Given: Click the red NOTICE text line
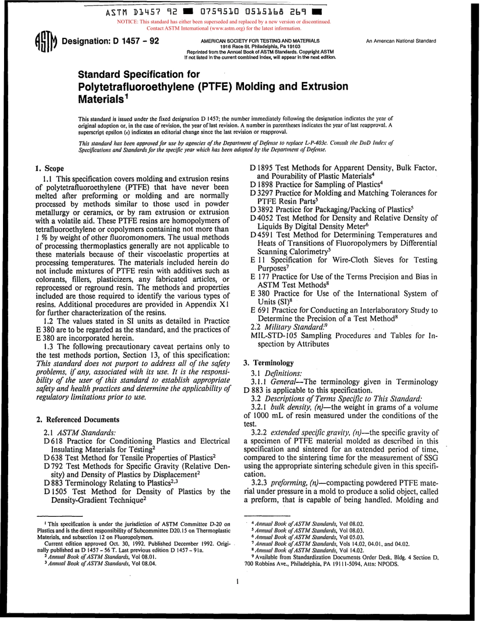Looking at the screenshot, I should click(224, 22).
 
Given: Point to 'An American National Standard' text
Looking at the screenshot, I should click(402, 40).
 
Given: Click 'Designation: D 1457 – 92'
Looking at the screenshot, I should click(110, 41).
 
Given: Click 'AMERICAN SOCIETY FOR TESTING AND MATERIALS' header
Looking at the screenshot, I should click(260, 40).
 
